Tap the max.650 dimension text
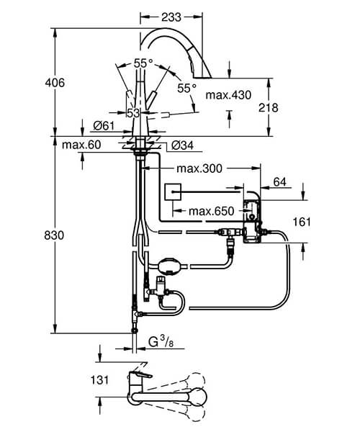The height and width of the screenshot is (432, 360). tap(211, 211)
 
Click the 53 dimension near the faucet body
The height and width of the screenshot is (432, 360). tap(134, 112)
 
